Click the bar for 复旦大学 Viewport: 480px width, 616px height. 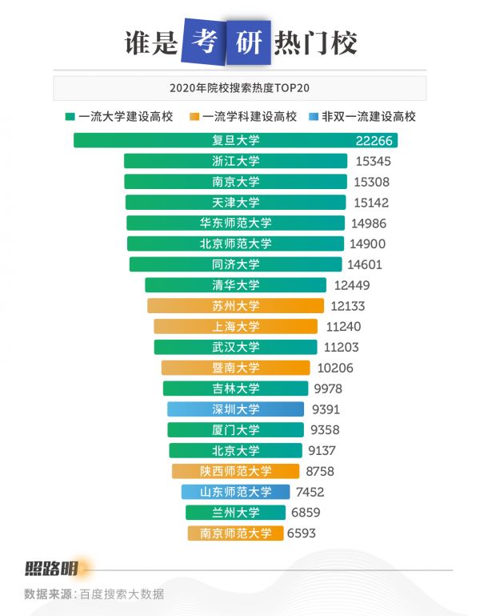point(235,140)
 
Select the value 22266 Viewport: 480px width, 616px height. point(374,140)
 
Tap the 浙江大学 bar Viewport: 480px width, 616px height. point(235,161)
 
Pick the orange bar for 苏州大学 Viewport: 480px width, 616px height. point(235,305)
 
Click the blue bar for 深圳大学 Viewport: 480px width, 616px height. point(235,409)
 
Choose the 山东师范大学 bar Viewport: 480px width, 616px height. point(235,492)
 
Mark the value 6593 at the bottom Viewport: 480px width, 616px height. point(306,533)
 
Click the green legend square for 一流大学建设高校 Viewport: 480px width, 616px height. point(70,116)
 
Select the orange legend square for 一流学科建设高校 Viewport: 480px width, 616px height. point(194,116)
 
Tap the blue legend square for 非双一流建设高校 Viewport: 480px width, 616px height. point(314,116)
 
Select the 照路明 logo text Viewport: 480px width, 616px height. point(52,570)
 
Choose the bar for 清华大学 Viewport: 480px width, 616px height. point(235,284)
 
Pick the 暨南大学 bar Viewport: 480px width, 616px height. point(235,368)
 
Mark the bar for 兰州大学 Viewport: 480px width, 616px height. point(235,513)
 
